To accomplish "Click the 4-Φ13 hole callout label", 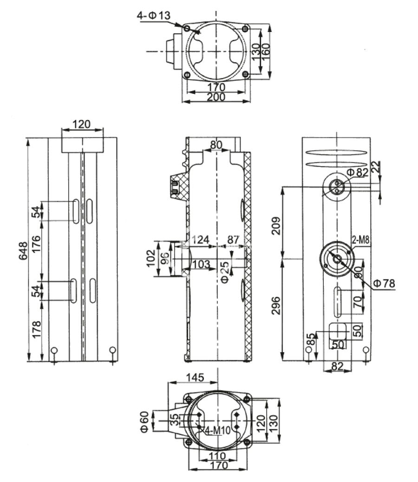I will pyautogui.click(x=153, y=16).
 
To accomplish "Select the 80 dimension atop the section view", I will pyautogui.click(x=216, y=144).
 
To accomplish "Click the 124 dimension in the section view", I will pyautogui.click(x=201, y=240).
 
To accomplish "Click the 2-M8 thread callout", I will pyautogui.click(x=360, y=239).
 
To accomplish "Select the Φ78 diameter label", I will pyautogui.click(x=384, y=283).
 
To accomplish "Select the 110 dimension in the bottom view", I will pyautogui.click(x=216, y=456).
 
